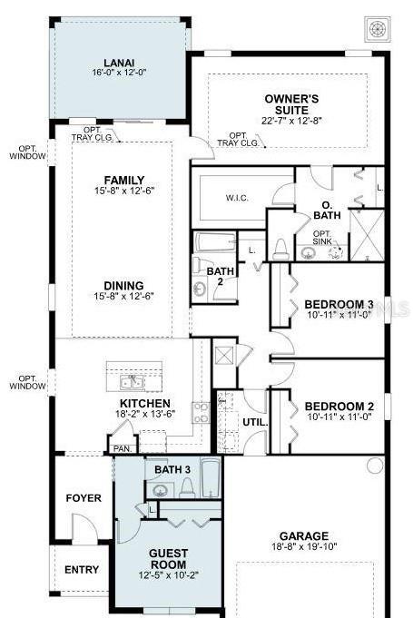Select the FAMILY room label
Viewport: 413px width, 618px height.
tap(124, 180)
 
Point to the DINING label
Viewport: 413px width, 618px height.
tap(124, 283)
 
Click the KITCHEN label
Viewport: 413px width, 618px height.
tap(145, 403)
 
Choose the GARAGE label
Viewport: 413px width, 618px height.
tap(304, 536)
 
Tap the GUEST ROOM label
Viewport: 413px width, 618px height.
tap(169, 558)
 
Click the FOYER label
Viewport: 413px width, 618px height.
tap(84, 498)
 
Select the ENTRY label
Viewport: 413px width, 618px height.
tap(82, 570)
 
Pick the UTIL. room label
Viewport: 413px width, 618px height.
tap(253, 422)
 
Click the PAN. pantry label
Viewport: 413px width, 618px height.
tap(120, 447)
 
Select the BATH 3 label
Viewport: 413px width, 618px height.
tap(172, 469)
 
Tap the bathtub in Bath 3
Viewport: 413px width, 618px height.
tap(210, 477)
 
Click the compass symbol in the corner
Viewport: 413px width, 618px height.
tap(376, 27)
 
